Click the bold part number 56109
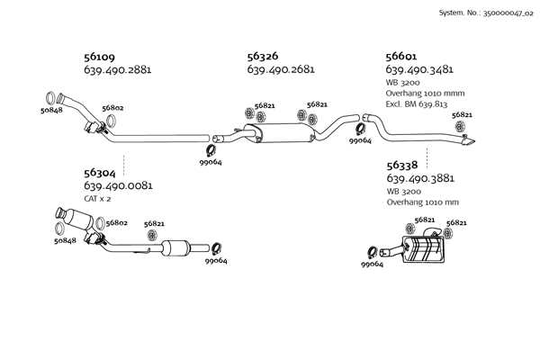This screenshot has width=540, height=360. click(x=100, y=56)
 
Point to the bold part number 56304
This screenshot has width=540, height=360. click(x=100, y=172)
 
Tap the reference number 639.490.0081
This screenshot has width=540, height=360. click(x=117, y=185)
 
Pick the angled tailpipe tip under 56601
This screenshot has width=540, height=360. click(x=471, y=143)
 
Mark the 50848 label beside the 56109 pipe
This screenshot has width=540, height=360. click(x=51, y=111)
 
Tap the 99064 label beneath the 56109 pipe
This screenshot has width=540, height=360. click(x=211, y=162)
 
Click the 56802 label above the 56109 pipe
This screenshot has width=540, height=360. click(x=112, y=108)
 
